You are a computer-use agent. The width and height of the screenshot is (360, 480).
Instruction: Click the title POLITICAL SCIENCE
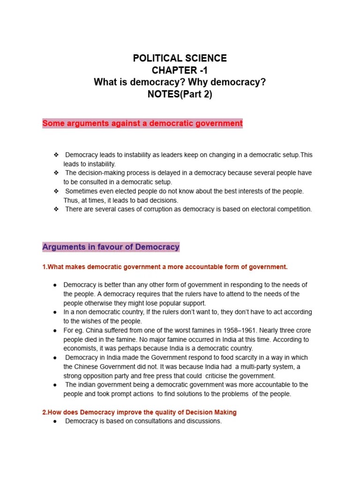click(180, 59)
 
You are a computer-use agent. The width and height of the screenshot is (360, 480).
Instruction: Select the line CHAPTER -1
click(180, 71)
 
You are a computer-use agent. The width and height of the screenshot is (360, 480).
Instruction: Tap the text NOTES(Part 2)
click(180, 94)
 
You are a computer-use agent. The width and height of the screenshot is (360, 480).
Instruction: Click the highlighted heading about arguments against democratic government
click(142, 124)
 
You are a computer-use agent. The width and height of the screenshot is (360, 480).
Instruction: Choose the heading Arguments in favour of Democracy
click(111, 247)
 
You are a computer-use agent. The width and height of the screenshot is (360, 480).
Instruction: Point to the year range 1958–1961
click(249, 330)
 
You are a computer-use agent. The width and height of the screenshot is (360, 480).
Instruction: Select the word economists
click(82, 348)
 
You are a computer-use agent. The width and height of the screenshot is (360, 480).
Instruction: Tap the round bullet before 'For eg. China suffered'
click(55, 330)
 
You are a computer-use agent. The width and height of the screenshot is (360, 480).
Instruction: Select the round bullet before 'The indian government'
click(55, 385)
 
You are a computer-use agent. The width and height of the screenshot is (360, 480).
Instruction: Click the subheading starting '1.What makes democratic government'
click(165, 267)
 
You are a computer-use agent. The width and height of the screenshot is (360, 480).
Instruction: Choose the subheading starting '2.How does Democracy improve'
click(139, 412)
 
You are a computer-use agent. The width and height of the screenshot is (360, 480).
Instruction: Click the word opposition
click(102, 375)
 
